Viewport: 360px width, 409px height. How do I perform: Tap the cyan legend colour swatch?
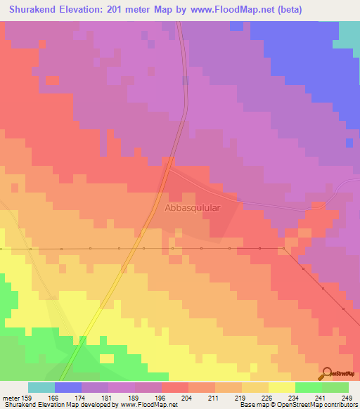click(x=41, y=387)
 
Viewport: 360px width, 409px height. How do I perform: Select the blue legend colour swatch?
click(x=68, y=387)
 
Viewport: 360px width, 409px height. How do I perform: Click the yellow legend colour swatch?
click(x=282, y=387)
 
